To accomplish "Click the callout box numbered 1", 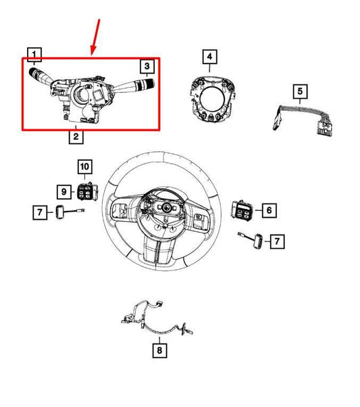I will click(x=34, y=53).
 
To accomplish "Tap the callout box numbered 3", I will click(x=147, y=66).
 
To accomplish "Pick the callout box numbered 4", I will click(x=210, y=56).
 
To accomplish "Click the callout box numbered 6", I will click(x=268, y=211).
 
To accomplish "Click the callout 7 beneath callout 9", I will click(x=41, y=214).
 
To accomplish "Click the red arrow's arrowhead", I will click(x=93, y=53).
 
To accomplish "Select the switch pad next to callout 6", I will click(x=242, y=210).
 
